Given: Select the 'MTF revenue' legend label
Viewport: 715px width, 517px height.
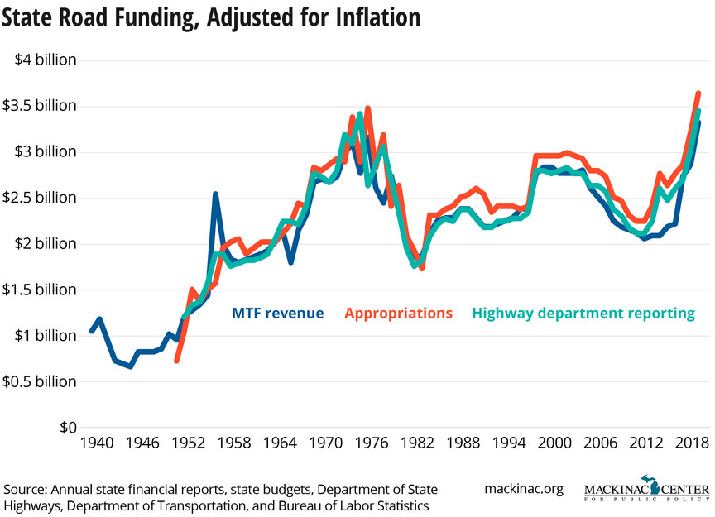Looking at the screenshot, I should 276,314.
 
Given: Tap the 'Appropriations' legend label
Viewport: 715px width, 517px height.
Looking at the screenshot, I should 398,314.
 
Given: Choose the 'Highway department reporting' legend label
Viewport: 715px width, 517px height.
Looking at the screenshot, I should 583,314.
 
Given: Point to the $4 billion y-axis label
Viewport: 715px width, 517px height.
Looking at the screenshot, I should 45,60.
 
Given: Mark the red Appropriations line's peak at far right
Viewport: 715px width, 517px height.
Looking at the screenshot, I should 698,93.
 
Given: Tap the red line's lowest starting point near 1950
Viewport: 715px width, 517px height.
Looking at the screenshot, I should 176,360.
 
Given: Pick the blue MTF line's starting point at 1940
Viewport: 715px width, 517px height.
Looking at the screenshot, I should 92,331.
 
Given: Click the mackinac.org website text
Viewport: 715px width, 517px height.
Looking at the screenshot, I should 523,489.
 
